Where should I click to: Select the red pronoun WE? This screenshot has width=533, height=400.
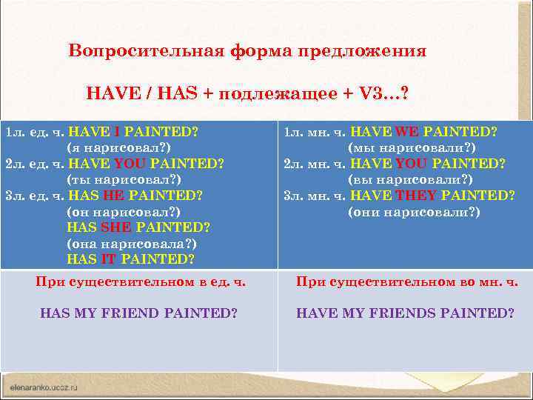pyautogui.click(x=406, y=133)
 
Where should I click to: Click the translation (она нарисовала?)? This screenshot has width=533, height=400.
pyautogui.click(x=132, y=243)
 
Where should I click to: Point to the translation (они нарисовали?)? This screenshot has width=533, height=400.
pyautogui.click(x=413, y=212)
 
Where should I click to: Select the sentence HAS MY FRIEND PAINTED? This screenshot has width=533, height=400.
pyautogui.click(x=138, y=313)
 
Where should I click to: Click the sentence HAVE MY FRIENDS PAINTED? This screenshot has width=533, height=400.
pyautogui.click(x=405, y=313)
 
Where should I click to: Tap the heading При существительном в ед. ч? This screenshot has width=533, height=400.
pyautogui.click(x=141, y=281)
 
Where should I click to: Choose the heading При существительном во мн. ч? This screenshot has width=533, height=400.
pyautogui.click(x=406, y=281)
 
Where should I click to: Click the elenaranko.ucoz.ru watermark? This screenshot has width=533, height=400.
pyautogui.click(x=44, y=387)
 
